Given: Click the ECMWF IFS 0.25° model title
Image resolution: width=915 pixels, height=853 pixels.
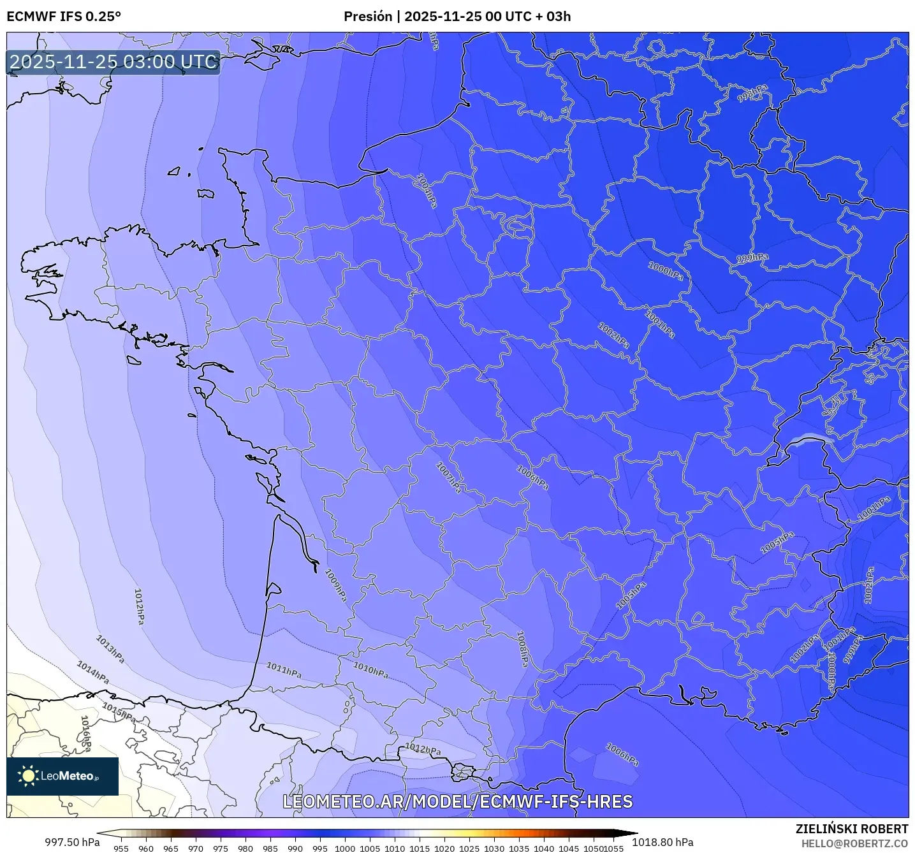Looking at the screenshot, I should pyautogui.click(x=64, y=17).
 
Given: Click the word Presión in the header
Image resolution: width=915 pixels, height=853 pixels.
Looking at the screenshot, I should pyautogui.click(x=368, y=17).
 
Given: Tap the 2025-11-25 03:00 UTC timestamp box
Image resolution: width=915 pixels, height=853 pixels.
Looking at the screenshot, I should pyautogui.click(x=113, y=62).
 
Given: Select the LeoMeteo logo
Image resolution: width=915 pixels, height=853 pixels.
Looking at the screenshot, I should pyautogui.click(x=62, y=776).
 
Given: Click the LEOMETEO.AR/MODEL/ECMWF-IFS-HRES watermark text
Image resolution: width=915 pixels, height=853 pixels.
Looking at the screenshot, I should pyautogui.click(x=457, y=801).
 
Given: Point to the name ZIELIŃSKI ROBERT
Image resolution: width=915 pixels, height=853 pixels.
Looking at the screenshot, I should pyautogui.click(x=852, y=829).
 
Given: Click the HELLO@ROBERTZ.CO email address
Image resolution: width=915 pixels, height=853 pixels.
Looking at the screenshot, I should pyautogui.click(x=854, y=843).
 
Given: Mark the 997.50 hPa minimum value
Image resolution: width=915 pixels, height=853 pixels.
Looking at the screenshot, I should pyautogui.click(x=72, y=842).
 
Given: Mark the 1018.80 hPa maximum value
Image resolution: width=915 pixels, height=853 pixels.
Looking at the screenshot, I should pyautogui.click(x=662, y=842).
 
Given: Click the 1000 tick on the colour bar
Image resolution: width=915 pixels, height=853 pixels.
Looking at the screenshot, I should pyautogui.click(x=345, y=848).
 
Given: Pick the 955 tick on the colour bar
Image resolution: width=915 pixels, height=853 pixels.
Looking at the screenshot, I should pyautogui.click(x=121, y=848).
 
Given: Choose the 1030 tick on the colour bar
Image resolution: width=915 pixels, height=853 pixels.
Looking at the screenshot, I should pyautogui.click(x=494, y=848).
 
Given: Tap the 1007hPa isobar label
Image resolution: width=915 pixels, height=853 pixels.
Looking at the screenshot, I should pyautogui.click(x=449, y=478).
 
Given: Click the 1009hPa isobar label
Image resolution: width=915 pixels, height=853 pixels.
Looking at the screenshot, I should pyautogui.click(x=335, y=585).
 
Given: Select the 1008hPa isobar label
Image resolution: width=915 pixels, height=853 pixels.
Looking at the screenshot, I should pyautogui.click(x=522, y=649).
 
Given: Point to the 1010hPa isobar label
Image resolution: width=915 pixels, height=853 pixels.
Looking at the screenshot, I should pyautogui.click(x=371, y=670).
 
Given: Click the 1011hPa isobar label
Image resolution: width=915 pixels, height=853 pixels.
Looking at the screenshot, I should pyautogui.click(x=284, y=670).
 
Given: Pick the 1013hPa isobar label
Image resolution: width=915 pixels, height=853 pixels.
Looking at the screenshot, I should pyautogui.click(x=110, y=649).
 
